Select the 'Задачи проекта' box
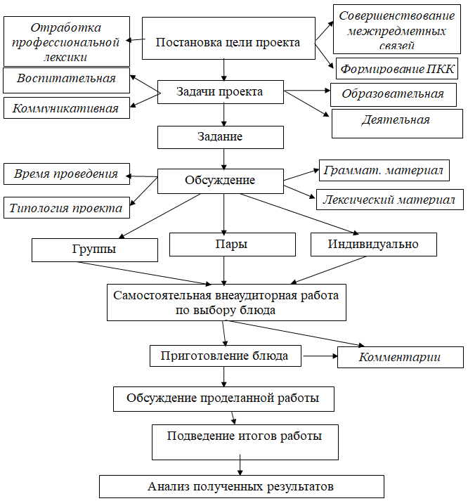pos(220,92)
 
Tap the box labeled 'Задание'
pos(220,137)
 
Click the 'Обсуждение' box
pos(220,181)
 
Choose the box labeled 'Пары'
pos(224,245)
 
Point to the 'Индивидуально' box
pos(373,245)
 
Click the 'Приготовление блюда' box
pos(226,356)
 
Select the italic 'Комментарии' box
pos(400,357)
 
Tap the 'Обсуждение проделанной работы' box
pos(223,398)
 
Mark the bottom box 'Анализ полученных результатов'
pos(241,486)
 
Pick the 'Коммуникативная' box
pos(67,108)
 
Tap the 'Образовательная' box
pos(392,94)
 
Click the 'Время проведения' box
pos(67,174)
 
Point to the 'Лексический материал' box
pos(389,200)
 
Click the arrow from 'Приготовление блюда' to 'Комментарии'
pos(320,356)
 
